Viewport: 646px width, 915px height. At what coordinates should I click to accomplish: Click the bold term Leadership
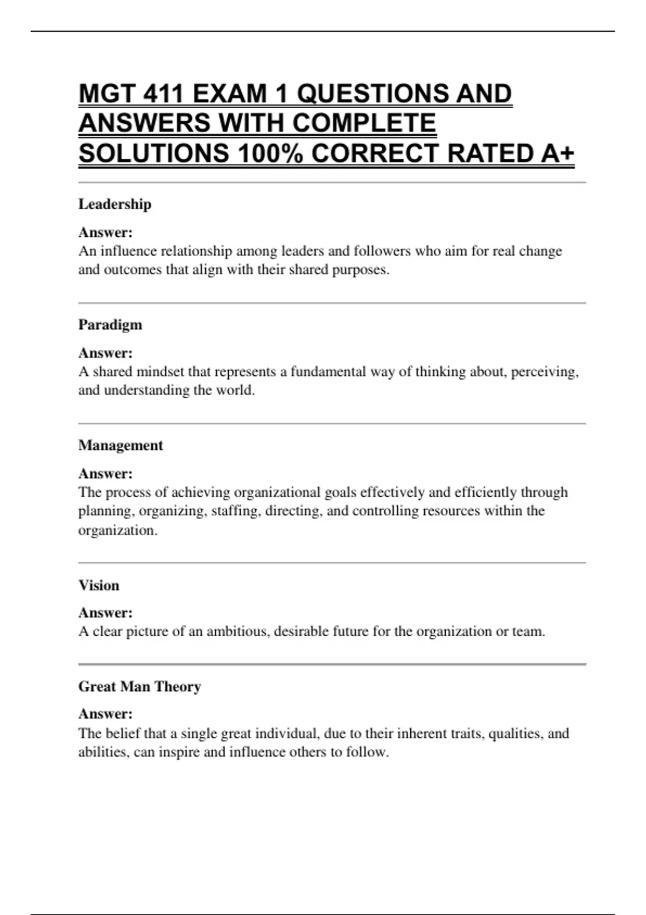click(x=115, y=204)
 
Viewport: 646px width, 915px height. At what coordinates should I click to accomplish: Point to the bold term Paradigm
click(x=110, y=325)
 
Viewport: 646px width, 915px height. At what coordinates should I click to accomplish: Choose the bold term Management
click(x=121, y=445)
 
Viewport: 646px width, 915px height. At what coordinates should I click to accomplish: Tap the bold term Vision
click(x=99, y=585)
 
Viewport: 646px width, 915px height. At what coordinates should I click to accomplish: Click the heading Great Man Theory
click(x=139, y=686)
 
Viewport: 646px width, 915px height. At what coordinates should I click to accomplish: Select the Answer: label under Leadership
click(x=106, y=233)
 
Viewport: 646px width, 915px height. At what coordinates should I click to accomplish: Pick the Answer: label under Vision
click(x=106, y=613)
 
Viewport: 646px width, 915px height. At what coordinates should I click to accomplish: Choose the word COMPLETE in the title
click(x=364, y=123)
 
